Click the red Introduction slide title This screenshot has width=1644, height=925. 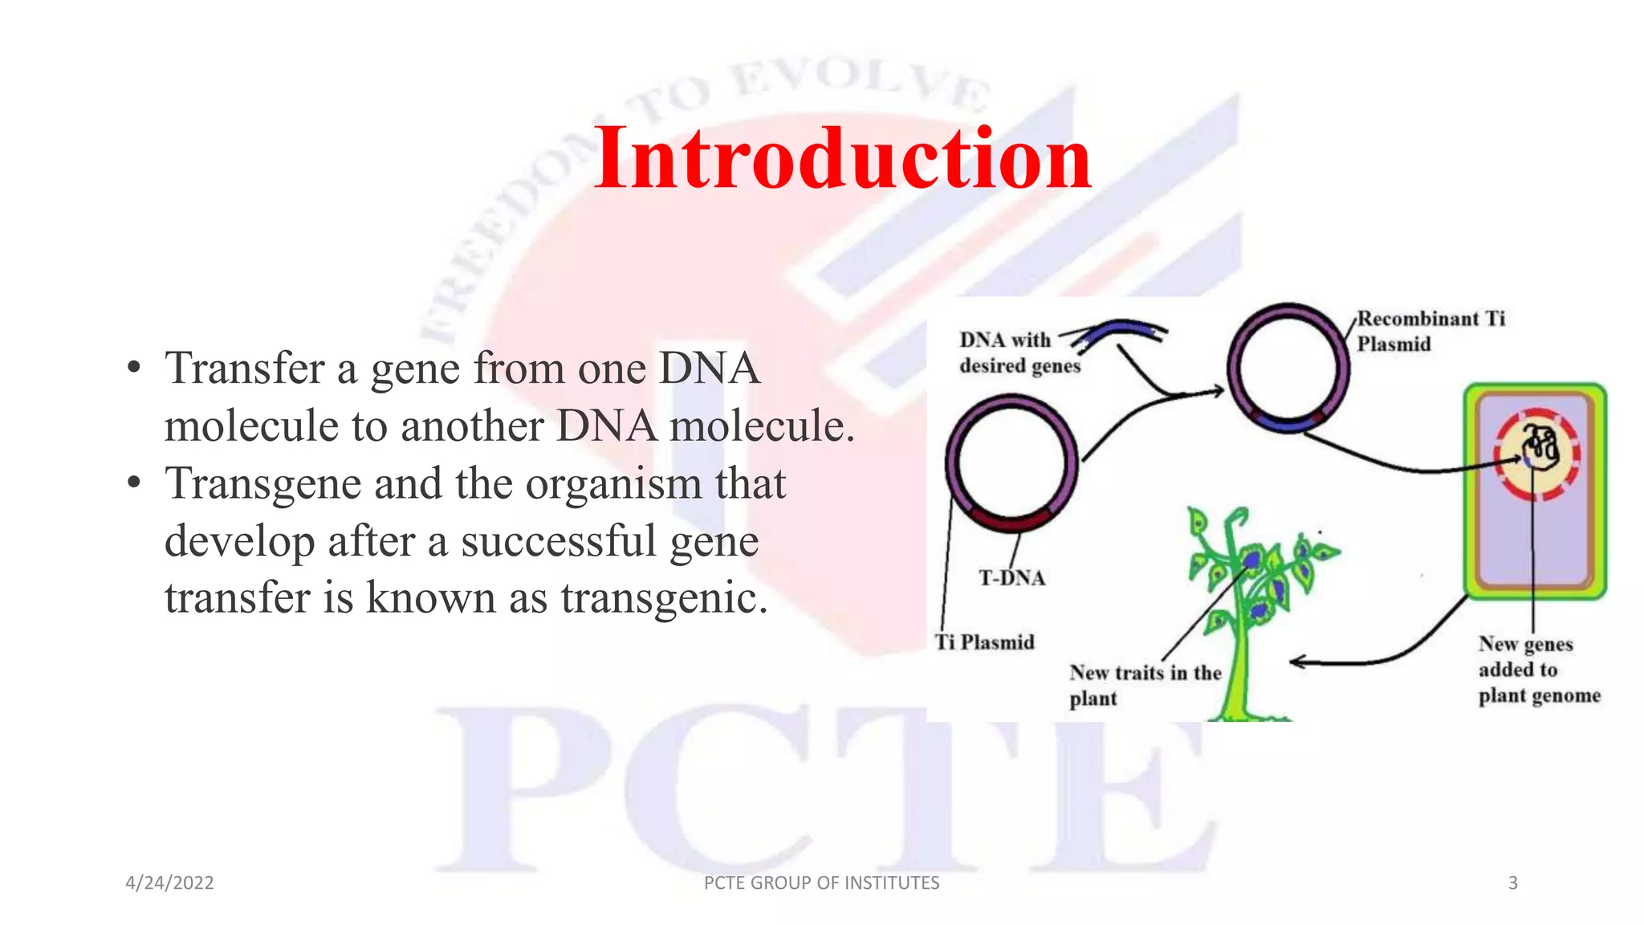842,158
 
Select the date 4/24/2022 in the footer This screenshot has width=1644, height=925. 169,883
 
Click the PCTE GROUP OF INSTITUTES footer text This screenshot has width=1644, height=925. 821,883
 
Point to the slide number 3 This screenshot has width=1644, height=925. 1512,883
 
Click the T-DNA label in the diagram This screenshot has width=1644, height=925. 1011,578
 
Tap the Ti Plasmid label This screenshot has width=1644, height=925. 985,642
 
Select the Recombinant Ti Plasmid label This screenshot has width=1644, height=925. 1430,332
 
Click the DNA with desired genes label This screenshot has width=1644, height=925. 1018,352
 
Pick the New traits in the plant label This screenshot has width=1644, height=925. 1144,685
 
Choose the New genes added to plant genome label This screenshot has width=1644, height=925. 1538,670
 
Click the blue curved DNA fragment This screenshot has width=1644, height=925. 1121,332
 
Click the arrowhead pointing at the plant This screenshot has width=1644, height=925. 1296,662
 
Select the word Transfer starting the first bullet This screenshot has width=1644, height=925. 244,369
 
